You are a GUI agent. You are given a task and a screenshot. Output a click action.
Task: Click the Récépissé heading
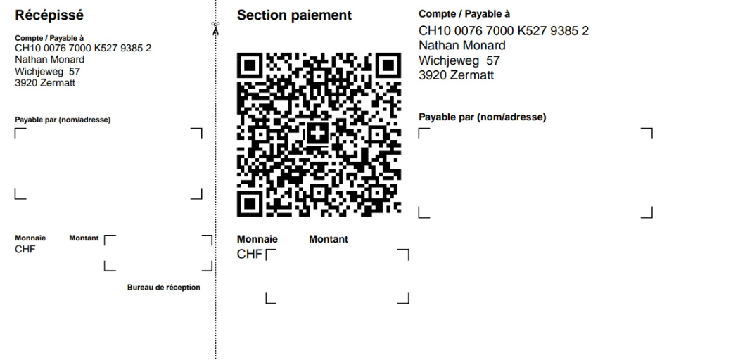(x=49, y=15)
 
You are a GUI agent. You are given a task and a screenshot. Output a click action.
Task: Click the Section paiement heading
(x=294, y=15)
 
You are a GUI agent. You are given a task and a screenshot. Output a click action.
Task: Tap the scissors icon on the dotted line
(x=216, y=29)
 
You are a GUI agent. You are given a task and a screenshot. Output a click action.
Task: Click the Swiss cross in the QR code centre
(x=319, y=134)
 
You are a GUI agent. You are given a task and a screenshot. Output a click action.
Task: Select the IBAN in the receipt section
(x=83, y=48)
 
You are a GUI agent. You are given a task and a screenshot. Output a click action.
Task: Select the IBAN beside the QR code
(x=504, y=31)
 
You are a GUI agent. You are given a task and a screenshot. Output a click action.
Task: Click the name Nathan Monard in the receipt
(x=50, y=59)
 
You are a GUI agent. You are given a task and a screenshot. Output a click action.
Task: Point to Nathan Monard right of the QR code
(x=461, y=46)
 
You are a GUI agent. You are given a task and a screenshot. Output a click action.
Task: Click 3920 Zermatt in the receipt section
(x=45, y=83)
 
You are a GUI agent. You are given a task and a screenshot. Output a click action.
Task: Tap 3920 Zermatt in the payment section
(x=456, y=75)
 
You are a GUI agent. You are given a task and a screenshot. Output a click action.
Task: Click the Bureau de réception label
(x=164, y=288)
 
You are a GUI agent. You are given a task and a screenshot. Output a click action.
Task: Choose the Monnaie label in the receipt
(x=30, y=238)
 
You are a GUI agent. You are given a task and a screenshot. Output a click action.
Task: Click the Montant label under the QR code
(x=329, y=239)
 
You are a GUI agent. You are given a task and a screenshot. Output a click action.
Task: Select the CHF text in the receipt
(x=25, y=250)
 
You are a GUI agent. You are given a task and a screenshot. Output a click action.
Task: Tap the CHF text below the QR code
(x=250, y=255)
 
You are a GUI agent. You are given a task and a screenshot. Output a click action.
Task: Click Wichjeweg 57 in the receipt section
(x=48, y=71)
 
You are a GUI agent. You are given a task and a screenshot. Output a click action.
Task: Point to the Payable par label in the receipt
(x=63, y=120)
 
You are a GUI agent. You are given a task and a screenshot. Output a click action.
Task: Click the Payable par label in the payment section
(x=483, y=117)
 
